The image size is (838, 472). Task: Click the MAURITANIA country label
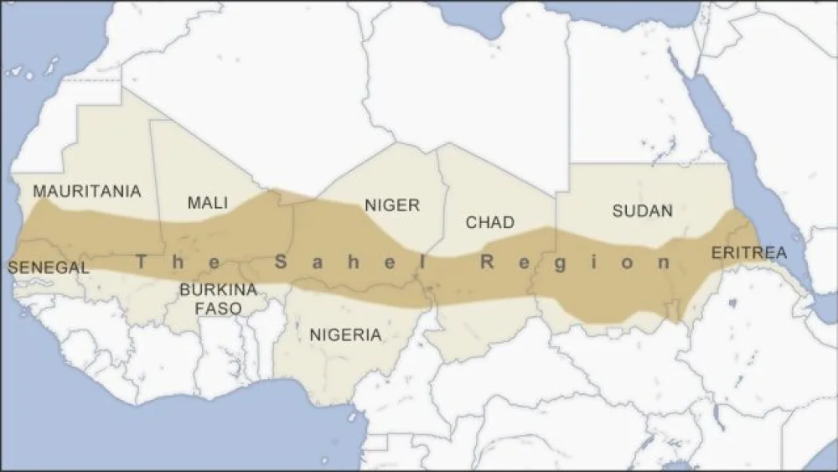click(x=87, y=191)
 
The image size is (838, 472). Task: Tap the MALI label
click(x=208, y=203)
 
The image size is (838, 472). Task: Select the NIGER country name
click(x=391, y=205)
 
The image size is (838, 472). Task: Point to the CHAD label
click(x=490, y=223)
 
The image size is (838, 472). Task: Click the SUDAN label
click(x=642, y=210)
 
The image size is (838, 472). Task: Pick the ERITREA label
click(x=748, y=252)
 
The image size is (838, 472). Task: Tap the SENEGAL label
click(x=48, y=267)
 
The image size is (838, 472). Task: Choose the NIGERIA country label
click(x=345, y=335)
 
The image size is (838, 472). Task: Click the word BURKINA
click(x=217, y=290)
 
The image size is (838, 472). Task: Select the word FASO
click(x=218, y=309)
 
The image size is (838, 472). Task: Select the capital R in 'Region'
click(x=485, y=263)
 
